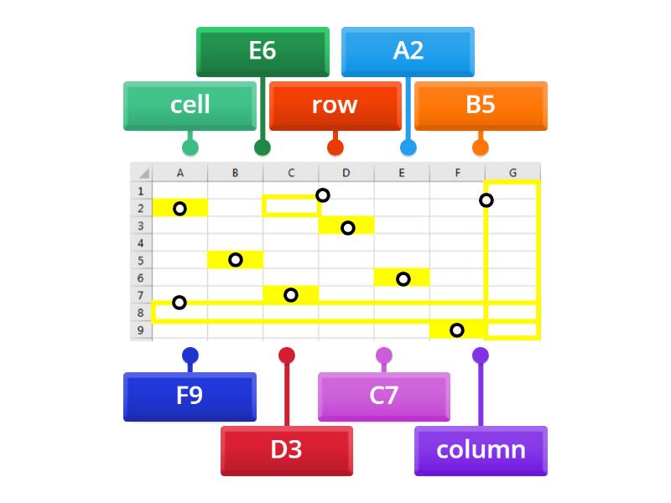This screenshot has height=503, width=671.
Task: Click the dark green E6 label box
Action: coord(263,51)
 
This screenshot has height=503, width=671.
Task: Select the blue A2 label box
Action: coord(408,51)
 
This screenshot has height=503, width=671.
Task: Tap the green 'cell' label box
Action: coord(190,106)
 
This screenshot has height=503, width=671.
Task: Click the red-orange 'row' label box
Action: coord(335,106)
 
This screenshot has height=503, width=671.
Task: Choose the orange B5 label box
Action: coord(481,106)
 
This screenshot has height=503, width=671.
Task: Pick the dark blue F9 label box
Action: coord(190,396)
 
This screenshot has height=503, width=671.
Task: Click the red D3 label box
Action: coord(286,450)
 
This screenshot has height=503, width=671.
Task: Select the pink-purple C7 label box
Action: coord(383,396)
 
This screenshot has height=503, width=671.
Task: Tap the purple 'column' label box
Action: coord(481,450)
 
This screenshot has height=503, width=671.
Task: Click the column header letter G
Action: coord(512,173)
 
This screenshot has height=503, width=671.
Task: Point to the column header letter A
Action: coord(180,173)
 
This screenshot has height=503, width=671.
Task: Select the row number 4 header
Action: coord(140,243)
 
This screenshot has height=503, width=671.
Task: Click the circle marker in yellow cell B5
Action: coord(236,260)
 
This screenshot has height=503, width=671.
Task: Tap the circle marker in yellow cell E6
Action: coord(403,278)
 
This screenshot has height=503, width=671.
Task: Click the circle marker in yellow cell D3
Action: coord(348,227)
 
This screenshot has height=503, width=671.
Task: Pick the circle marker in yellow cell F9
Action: coord(457,330)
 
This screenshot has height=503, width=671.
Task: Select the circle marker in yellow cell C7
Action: coord(291,295)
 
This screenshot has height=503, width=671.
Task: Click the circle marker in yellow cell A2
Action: coord(179,208)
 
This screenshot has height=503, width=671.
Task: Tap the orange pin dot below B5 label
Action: coord(481,148)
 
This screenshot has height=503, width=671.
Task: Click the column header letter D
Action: coord(346,173)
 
